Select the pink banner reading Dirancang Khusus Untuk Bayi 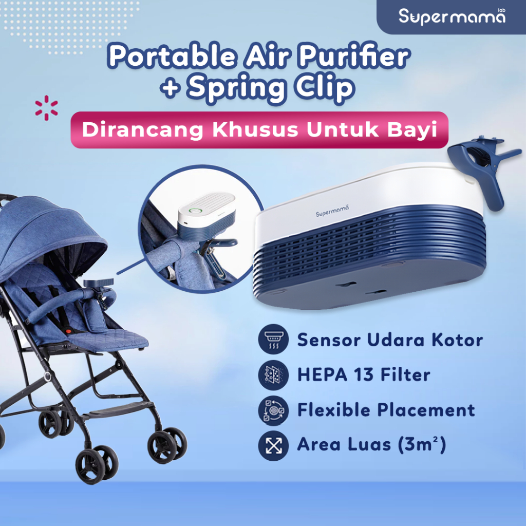[259, 130]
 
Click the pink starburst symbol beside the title [46, 107]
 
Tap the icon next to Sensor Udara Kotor [273, 340]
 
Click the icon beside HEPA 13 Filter [273, 375]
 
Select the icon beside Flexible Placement [273, 410]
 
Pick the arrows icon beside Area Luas [273, 445]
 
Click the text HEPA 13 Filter [363, 375]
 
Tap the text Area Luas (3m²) [371, 445]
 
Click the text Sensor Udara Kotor [390, 340]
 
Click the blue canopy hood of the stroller [51, 231]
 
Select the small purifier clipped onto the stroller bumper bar [96, 284]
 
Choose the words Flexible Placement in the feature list [386, 410]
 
